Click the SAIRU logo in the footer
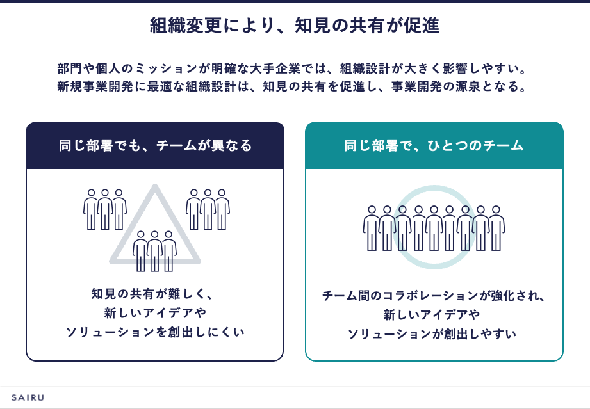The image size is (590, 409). pyautogui.click(x=28, y=397)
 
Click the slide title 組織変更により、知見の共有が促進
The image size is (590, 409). pyautogui.click(x=295, y=26)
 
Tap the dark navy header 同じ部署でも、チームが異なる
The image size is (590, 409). pyautogui.click(x=155, y=145)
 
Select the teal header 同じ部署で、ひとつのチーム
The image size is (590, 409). pyautogui.click(x=434, y=145)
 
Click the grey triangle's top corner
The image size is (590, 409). pyautogui.click(x=154, y=186)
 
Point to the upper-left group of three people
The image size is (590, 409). pyautogui.click(x=105, y=209)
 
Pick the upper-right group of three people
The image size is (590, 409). pyautogui.click(x=208, y=209)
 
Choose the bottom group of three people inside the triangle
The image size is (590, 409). pyautogui.click(x=154, y=251)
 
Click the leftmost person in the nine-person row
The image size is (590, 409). pyautogui.click(x=372, y=229)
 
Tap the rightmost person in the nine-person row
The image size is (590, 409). pyautogui.click(x=496, y=229)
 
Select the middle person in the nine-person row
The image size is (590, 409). pyautogui.click(x=434, y=229)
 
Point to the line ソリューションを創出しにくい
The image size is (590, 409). pyautogui.click(x=155, y=332)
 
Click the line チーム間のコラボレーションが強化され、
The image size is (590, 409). pyautogui.click(x=434, y=296)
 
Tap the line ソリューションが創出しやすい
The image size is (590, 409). pyautogui.click(x=432, y=334)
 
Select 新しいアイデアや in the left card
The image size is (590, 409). pyautogui.click(x=155, y=313)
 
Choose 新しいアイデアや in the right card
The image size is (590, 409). pyautogui.click(x=432, y=315)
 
